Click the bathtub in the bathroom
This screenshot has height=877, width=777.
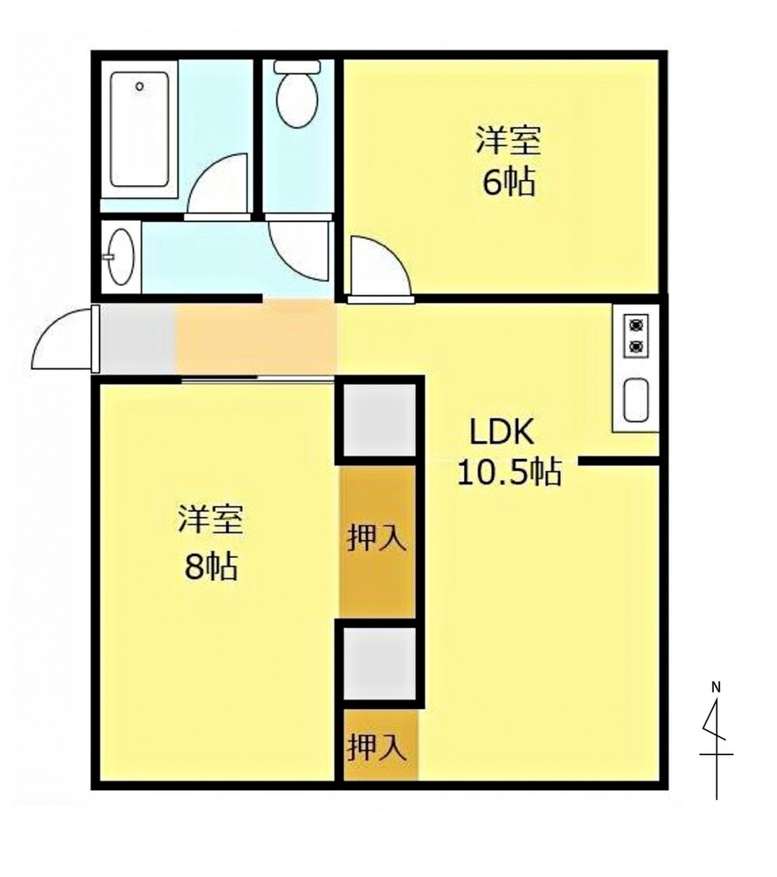[x=140, y=129]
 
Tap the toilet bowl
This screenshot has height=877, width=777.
[x=297, y=94]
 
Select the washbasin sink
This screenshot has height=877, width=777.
[x=120, y=257]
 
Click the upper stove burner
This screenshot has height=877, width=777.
[x=636, y=325]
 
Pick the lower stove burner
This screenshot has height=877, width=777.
[x=636, y=346]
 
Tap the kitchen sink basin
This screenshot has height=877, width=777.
[x=636, y=400]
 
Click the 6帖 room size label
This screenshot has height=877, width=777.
[x=509, y=183]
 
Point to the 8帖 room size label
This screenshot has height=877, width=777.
[x=211, y=566]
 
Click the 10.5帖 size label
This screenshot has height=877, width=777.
[x=510, y=472]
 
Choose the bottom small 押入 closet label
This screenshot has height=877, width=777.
[x=377, y=747]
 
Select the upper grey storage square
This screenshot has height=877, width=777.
[x=379, y=420]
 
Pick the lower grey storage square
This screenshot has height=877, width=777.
[x=379, y=663]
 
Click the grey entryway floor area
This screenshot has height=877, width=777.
[x=138, y=339]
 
